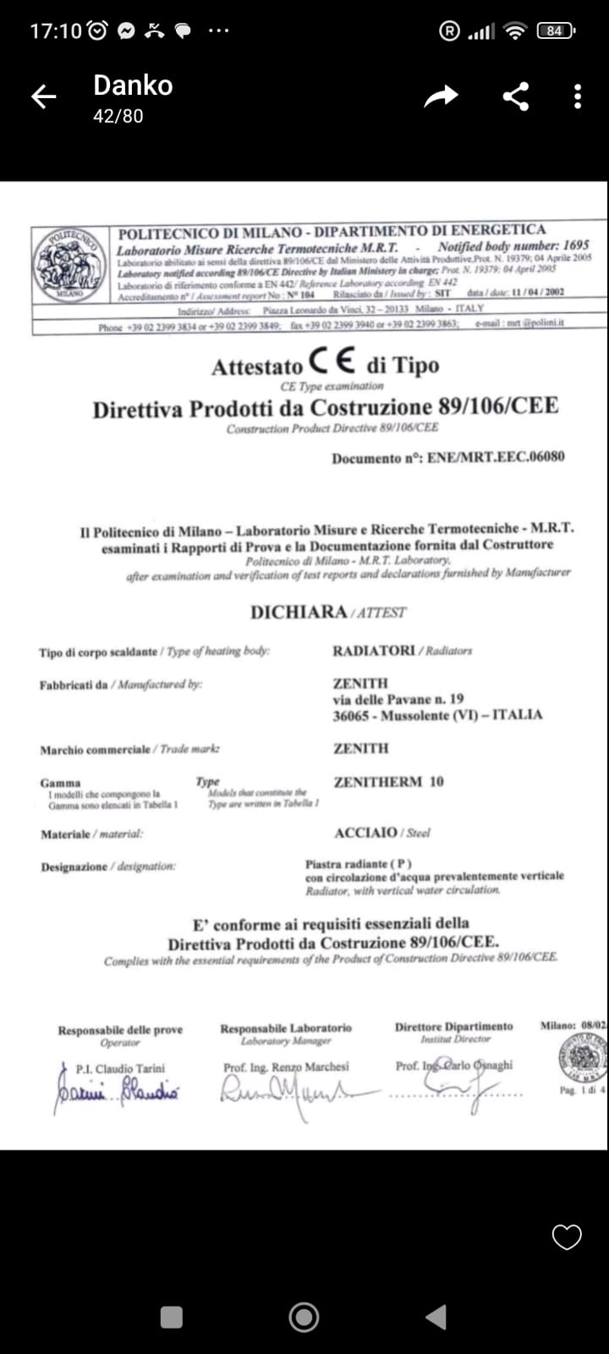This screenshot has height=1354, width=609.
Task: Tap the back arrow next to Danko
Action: point(44,96)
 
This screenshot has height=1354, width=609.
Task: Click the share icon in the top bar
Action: point(516,96)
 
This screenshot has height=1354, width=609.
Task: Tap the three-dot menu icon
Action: point(578,96)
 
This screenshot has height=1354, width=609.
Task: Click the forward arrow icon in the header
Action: point(441,96)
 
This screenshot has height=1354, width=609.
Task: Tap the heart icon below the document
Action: point(567,1237)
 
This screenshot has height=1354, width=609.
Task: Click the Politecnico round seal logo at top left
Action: point(71,263)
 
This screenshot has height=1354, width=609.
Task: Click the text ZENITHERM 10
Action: point(388,781)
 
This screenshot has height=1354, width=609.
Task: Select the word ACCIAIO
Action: point(365,832)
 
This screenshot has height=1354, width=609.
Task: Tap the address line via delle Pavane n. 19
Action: point(398,699)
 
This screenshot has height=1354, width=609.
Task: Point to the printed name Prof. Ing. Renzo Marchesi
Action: point(286,1067)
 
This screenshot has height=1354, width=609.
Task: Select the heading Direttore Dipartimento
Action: point(453,1027)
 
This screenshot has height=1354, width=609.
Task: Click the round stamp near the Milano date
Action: point(582,1057)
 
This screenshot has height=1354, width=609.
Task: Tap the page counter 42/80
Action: point(118,116)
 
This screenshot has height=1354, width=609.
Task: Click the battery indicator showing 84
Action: point(555,31)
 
